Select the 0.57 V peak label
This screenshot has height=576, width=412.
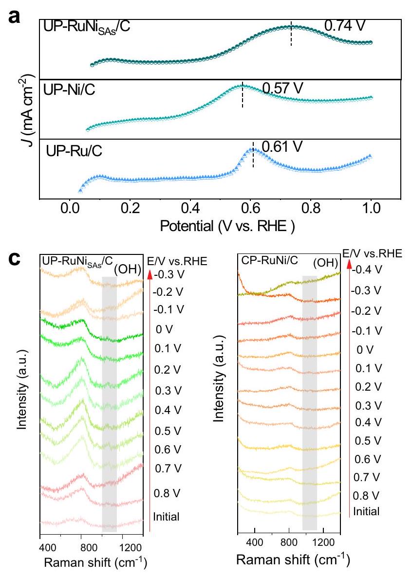pyautogui.click(x=282, y=88)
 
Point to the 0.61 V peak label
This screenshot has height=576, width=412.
pyautogui.click(x=282, y=145)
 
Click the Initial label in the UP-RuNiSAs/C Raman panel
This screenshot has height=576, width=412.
pyautogui.click(x=166, y=517)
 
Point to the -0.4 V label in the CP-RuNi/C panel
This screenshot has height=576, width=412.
pyautogui.click(x=369, y=268)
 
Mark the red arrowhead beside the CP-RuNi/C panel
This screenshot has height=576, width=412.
pyautogui.click(x=349, y=266)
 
